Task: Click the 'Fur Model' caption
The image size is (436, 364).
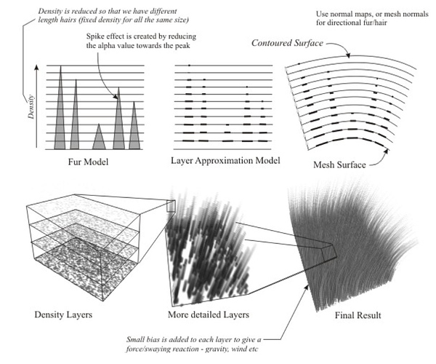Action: coord(88,162)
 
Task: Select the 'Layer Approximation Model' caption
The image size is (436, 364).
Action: coord(225,160)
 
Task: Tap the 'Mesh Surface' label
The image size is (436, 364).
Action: coord(339,165)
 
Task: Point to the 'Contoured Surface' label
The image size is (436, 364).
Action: coord(287,43)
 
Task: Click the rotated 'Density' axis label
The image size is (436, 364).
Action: coord(31,107)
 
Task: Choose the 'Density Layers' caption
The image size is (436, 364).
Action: coord(63,314)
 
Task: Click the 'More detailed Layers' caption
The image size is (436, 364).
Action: coord(209,314)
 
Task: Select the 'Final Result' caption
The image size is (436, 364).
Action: coord(358,315)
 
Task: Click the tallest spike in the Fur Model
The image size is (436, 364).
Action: coord(60,111)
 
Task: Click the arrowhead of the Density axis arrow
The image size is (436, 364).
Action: coord(36,68)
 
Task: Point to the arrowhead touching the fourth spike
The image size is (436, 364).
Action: coord(116,97)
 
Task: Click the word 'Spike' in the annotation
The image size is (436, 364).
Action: coord(94,36)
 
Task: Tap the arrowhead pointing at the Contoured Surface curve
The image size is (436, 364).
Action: coord(347,55)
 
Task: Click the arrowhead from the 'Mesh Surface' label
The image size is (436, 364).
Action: coord(387,151)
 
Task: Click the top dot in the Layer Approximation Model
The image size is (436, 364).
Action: coord(189,66)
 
